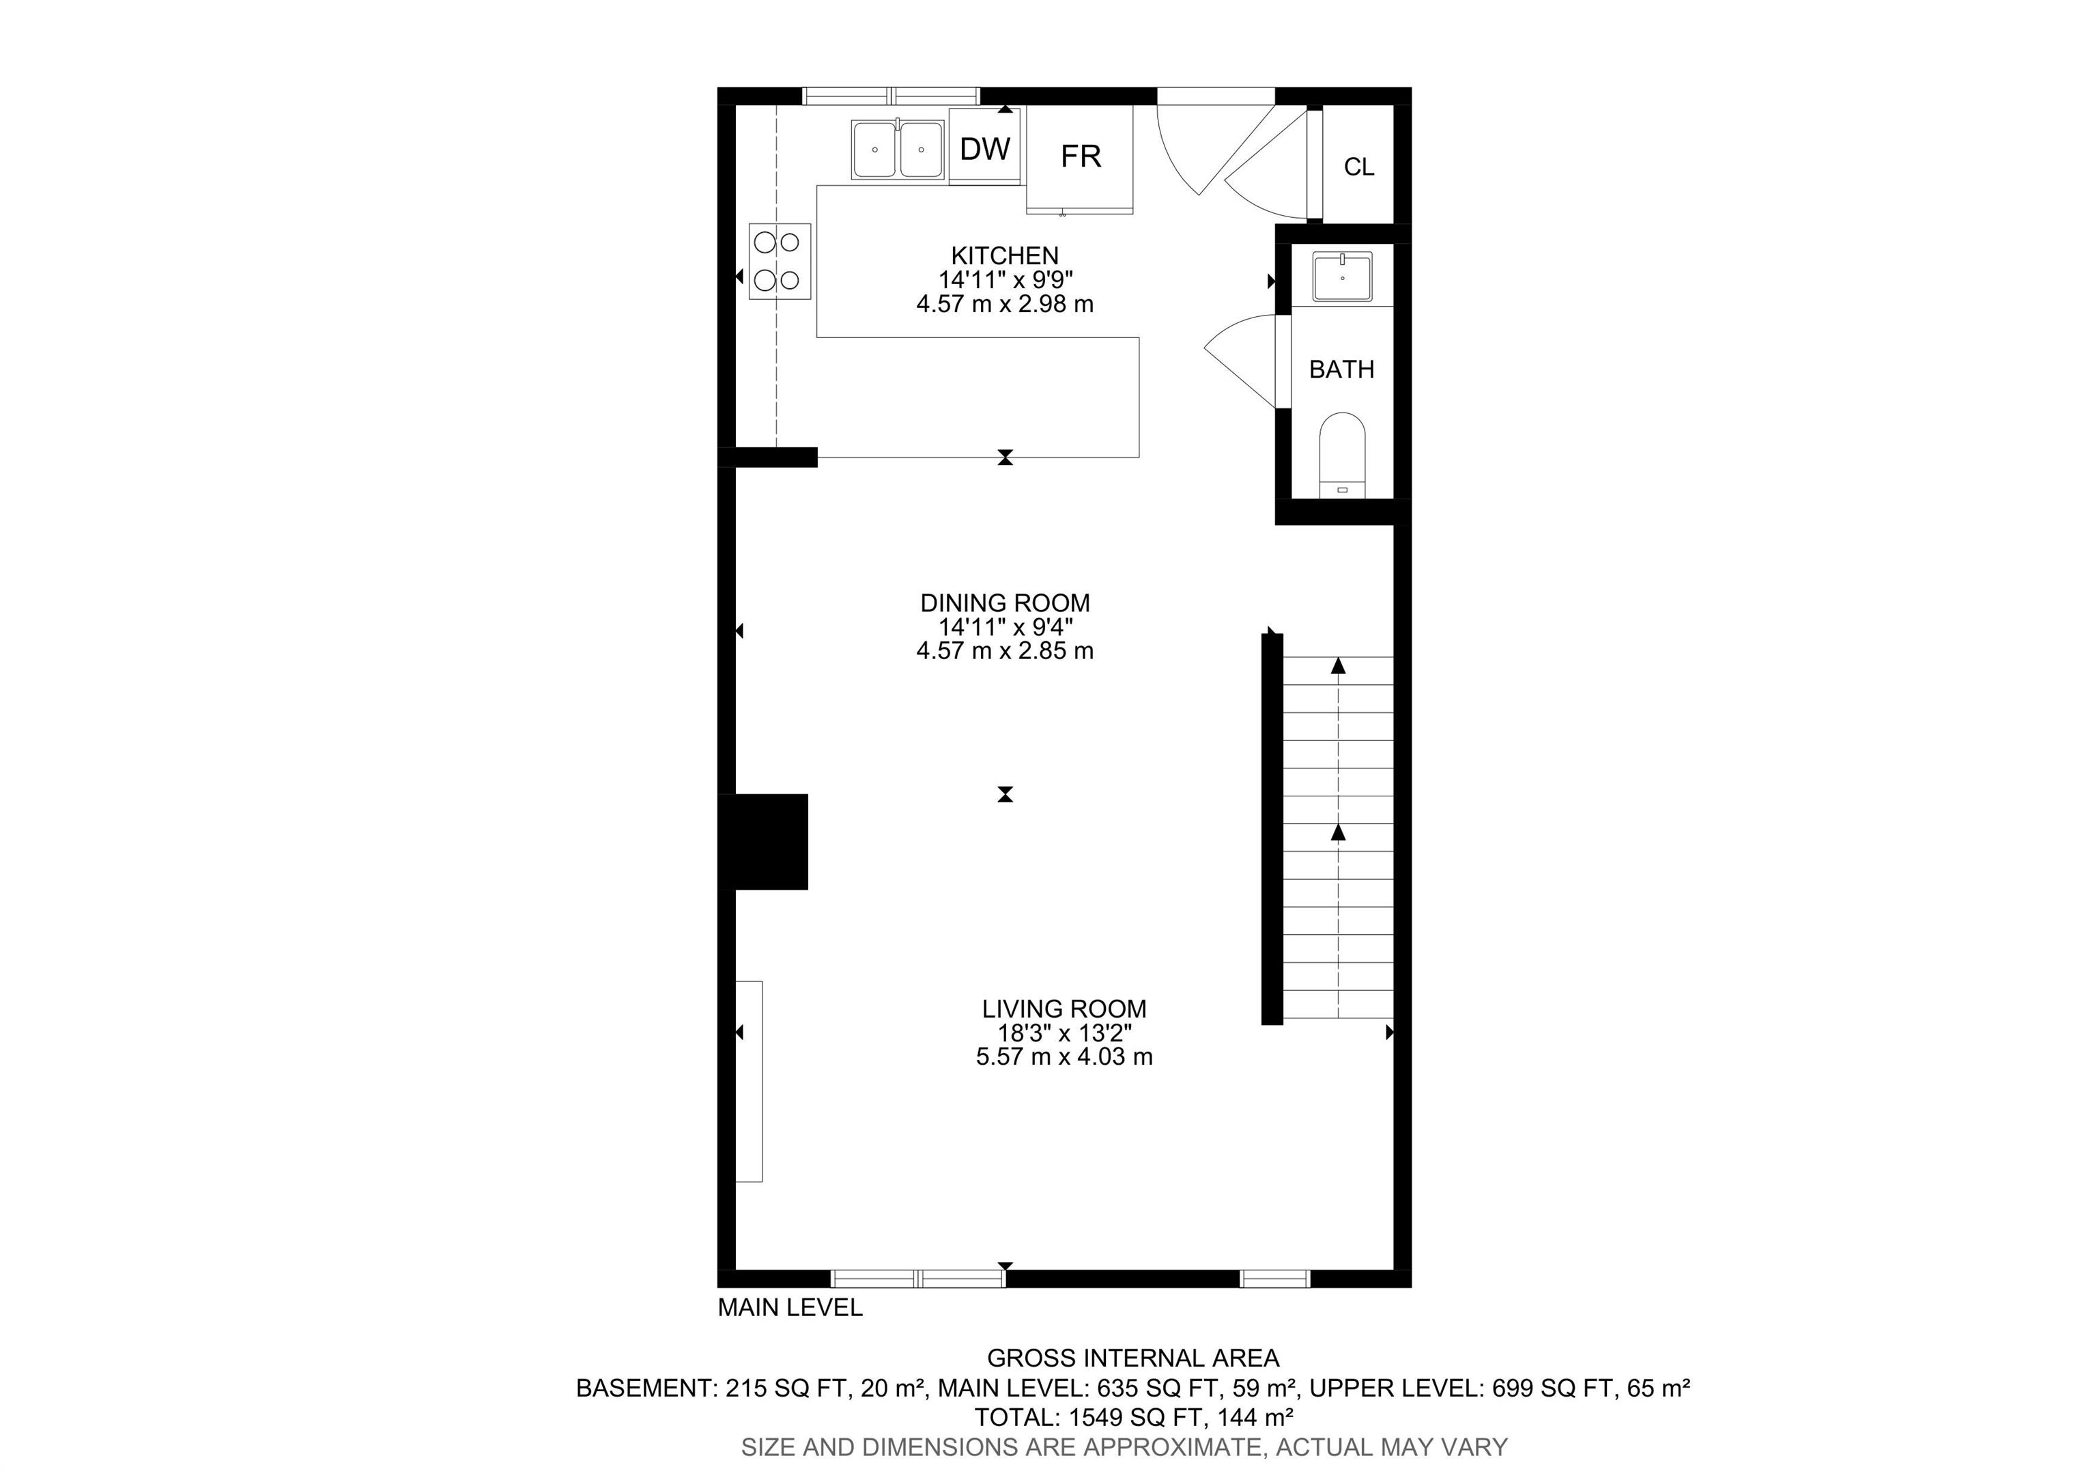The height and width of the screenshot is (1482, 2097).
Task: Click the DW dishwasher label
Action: [984, 149]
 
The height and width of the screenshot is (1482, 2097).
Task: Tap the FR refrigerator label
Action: [1081, 157]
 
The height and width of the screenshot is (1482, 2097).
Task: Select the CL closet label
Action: [1358, 167]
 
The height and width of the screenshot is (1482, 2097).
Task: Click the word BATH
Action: [1341, 369]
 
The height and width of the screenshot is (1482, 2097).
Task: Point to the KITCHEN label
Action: [1005, 256]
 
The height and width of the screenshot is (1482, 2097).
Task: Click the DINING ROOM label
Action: [1005, 603]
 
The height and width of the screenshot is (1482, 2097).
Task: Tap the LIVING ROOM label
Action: [1064, 1009]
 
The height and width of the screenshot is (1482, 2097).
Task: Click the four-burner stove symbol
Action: [779, 262]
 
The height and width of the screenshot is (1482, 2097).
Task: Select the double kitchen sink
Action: [898, 150]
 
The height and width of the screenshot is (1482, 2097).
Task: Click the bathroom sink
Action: [1341, 277]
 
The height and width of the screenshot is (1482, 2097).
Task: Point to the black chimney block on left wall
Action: [765, 841]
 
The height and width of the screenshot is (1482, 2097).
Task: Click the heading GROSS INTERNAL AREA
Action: [1132, 1358]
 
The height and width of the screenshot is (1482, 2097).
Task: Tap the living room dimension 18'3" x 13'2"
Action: [1064, 1033]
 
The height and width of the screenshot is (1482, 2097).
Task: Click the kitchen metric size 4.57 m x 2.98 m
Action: [1005, 305]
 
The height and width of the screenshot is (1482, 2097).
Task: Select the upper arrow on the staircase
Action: [1338, 666]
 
